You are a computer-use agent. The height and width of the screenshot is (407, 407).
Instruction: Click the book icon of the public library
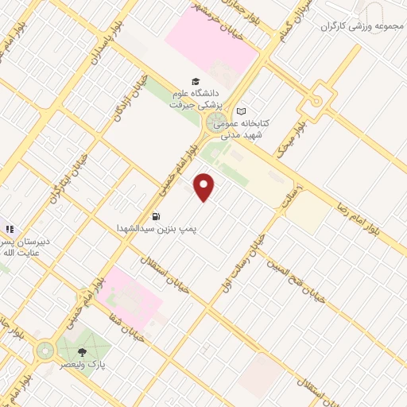pos(242,111)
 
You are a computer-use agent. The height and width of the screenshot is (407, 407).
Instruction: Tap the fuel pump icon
pos(155,215)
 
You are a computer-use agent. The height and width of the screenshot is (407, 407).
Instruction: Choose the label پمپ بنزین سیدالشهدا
pos(154,229)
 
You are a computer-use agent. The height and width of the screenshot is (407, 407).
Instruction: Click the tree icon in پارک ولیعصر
pos(82,351)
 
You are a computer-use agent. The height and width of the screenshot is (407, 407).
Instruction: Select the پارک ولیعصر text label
pos(83,364)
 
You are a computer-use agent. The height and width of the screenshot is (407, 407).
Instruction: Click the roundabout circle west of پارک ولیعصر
pos(43,351)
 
